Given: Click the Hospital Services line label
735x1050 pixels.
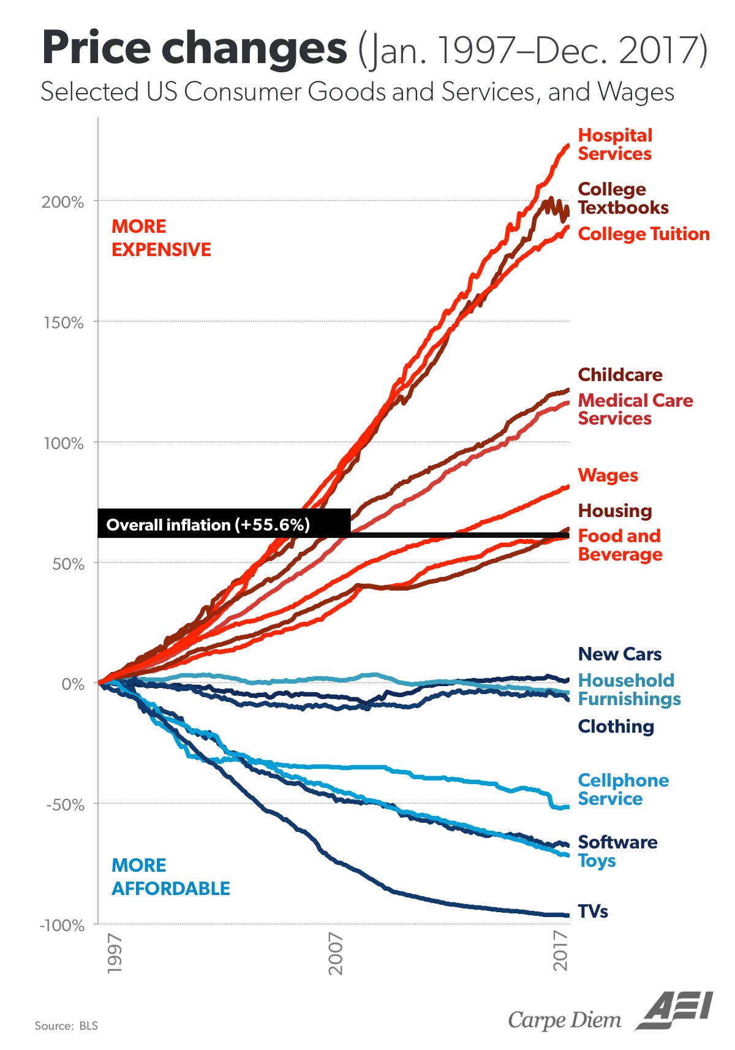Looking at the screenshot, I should [615, 145].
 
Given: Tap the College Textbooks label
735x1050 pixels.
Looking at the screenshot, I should [622, 198].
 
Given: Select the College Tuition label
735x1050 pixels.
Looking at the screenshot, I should [643, 234].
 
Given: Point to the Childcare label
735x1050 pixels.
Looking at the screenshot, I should [620, 375].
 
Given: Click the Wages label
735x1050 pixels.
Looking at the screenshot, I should [608, 475].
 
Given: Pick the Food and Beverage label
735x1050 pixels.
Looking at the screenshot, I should [620, 545].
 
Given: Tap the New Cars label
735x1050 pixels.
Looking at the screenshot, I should [619, 654].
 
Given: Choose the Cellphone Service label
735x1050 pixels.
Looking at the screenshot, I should [623, 790].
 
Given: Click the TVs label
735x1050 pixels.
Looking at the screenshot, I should [593, 912].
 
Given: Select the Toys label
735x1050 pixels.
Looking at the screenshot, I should [597, 861].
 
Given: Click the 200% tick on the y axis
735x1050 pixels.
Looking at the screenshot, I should [63, 202].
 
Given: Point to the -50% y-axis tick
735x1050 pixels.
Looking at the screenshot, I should [65, 805].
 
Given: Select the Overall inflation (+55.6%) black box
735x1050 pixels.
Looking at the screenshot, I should [224, 524].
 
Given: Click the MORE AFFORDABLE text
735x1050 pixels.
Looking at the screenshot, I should [170, 877].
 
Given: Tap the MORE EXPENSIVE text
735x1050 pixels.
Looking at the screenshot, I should [160, 238].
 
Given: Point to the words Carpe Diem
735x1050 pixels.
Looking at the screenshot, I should [564, 1020].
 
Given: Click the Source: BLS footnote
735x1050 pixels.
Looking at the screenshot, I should [66, 1025].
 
